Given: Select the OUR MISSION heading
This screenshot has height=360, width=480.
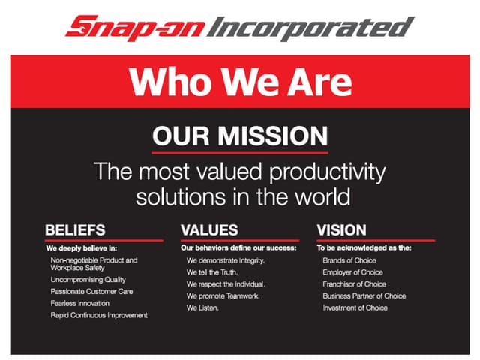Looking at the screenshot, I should point(240,136).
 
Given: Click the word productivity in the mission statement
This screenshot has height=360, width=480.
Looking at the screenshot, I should point(327,172).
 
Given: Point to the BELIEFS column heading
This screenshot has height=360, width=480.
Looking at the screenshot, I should point(75,229).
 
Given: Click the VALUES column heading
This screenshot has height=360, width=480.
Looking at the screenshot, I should point(209,229).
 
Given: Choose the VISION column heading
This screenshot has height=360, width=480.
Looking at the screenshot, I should point(342,229).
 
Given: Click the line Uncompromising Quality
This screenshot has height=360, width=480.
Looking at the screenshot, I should point(87,280).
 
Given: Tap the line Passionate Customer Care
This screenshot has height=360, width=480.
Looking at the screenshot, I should point(91,291).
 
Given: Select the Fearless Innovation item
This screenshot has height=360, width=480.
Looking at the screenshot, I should point(80,303).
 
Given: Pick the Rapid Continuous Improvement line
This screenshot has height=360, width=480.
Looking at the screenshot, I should point(99,315).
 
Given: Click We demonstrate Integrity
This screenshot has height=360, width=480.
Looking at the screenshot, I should point(226,260).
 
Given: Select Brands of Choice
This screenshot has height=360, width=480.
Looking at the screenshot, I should point(349,260).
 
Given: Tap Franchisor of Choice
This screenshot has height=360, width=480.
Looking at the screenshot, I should point(355,284).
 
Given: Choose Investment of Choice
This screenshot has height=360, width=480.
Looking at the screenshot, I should point(355,307).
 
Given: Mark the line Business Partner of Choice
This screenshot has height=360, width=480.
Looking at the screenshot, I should point(364,295).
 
